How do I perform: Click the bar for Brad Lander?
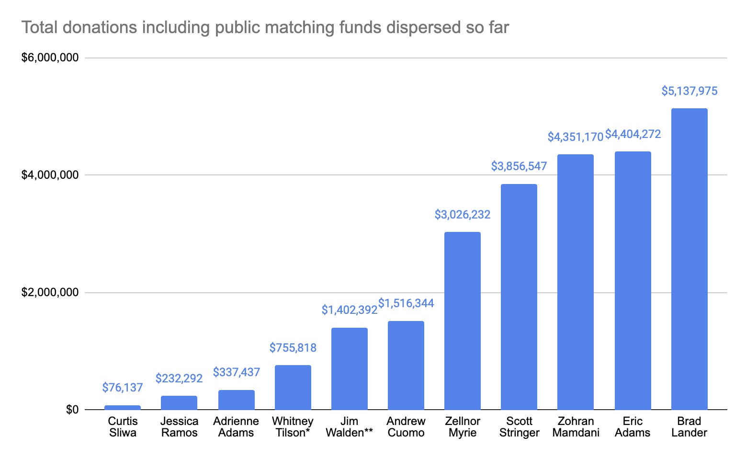(x=689, y=259)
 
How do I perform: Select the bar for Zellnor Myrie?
(x=462, y=321)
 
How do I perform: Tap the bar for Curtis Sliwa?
(x=123, y=407)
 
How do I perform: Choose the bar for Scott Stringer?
(x=519, y=297)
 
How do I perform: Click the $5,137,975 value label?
(x=689, y=91)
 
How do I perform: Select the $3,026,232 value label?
(x=462, y=215)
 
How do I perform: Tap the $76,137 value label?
(x=123, y=388)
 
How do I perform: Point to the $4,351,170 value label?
(x=575, y=137)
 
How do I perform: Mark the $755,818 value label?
(x=293, y=348)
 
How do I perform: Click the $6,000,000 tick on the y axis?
(x=50, y=58)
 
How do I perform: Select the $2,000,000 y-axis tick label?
(x=50, y=292)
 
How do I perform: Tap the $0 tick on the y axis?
(x=72, y=410)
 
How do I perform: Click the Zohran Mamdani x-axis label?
(x=576, y=427)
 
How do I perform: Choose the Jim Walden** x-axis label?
(x=349, y=427)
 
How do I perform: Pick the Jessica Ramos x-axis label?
(x=179, y=427)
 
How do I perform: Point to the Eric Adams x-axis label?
(x=633, y=427)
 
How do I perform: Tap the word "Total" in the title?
(x=40, y=28)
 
